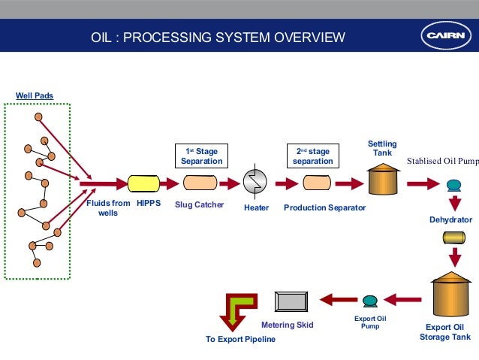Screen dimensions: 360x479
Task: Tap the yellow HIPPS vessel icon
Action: pyautogui.click(x=143, y=183)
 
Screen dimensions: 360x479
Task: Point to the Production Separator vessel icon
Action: pyautogui.click(x=316, y=183)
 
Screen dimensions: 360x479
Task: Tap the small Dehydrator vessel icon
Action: pyautogui.click(x=454, y=237)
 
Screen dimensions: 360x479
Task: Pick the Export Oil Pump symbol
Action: pyautogui.click(x=369, y=301)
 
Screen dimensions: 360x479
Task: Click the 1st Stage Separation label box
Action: pyautogui.click(x=201, y=156)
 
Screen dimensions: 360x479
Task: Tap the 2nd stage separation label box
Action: pyautogui.click(x=312, y=156)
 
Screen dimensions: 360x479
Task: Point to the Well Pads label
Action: pyautogui.click(x=35, y=95)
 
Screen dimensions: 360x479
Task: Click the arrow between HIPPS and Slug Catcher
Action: pyautogui.click(x=170, y=183)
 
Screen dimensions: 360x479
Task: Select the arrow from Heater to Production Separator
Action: pyautogui.click(x=286, y=183)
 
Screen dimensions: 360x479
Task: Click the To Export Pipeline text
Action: pyautogui.click(x=240, y=339)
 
